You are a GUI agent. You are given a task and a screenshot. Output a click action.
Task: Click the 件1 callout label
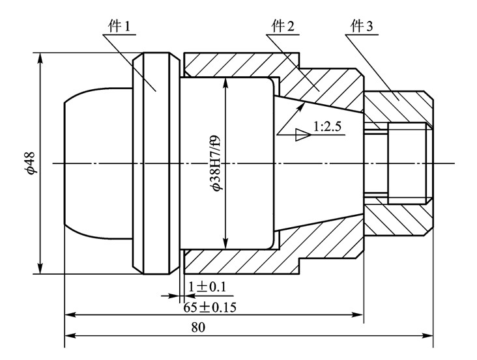pyautogui.click(x=119, y=27)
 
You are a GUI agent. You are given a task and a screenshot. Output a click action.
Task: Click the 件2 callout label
pyautogui.click(x=283, y=27)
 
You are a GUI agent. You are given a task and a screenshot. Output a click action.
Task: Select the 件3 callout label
pyautogui.click(x=362, y=27)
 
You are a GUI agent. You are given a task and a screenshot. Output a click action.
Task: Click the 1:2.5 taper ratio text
pyautogui.click(x=328, y=126)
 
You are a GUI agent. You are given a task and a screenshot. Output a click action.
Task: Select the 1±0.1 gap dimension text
pyautogui.click(x=207, y=286)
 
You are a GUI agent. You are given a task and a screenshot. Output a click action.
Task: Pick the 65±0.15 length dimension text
pyautogui.click(x=210, y=307)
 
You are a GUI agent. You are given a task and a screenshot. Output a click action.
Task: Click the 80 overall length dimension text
pyautogui.click(x=198, y=327)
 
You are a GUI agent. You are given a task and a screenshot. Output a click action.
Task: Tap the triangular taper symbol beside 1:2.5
pyautogui.click(x=302, y=135)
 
